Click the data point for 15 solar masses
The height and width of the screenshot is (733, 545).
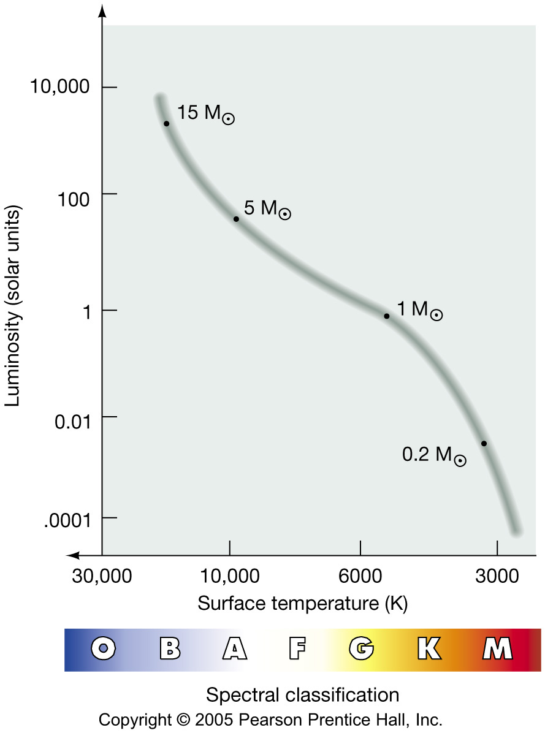click(166, 124)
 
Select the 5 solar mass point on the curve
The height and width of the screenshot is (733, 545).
click(236, 219)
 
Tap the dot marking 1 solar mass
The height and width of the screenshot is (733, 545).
click(386, 316)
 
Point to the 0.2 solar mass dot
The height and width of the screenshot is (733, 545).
click(484, 443)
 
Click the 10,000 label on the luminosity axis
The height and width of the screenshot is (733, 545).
click(59, 87)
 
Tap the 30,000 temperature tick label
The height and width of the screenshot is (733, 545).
click(102, 577)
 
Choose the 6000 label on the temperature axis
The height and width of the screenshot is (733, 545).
click(360, 577)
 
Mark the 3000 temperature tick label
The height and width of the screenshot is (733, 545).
click(497, 577)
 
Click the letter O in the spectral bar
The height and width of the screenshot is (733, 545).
click(104, 648)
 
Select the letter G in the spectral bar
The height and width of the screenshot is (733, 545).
click(362, 648)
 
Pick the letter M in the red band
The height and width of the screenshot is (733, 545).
click(497, 648)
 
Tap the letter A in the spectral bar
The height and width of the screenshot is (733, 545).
click(234, 648)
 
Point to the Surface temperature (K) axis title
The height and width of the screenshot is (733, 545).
click(303, 604)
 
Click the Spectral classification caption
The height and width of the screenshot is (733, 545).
click(302, 695)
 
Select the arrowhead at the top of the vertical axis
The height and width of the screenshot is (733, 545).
click(102, 11)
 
